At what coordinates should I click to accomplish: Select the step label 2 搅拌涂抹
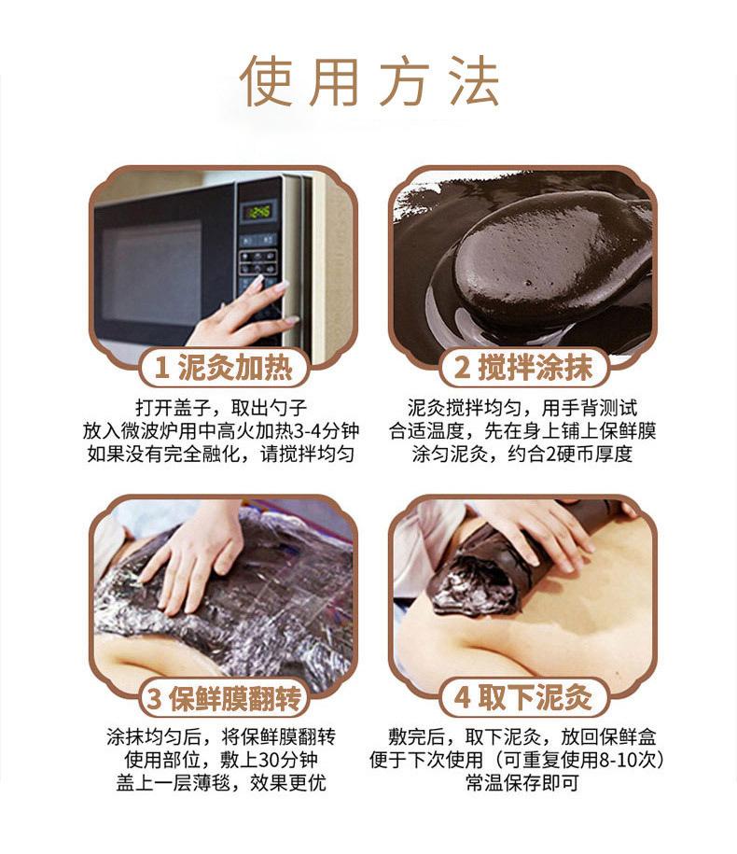(522, 367)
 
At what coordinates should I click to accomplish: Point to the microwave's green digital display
(258, 212)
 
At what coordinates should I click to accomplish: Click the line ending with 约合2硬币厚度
(522, 455)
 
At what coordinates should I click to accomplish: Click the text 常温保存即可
(522, 783)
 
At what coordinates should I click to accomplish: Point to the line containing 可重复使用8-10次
(522, 760)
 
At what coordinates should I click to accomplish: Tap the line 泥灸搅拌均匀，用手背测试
(522, 408)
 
